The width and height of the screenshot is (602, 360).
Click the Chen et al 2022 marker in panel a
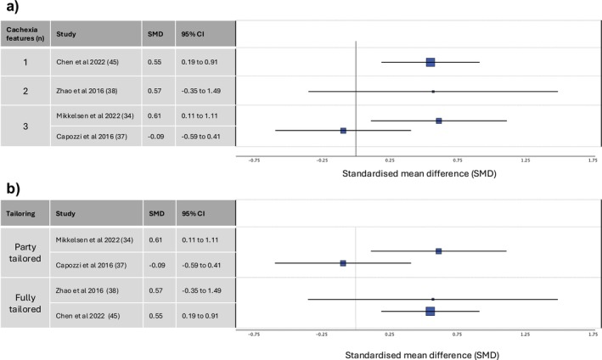430,62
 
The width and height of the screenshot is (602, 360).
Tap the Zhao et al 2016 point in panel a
433,91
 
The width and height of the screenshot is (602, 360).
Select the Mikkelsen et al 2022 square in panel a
439,121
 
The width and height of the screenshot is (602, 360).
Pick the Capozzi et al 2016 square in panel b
343,263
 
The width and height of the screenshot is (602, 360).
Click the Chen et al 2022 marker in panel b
430,312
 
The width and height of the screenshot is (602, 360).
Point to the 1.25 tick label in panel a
525,159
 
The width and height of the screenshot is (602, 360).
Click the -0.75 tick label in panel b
253,335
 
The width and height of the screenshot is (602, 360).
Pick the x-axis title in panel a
419,173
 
